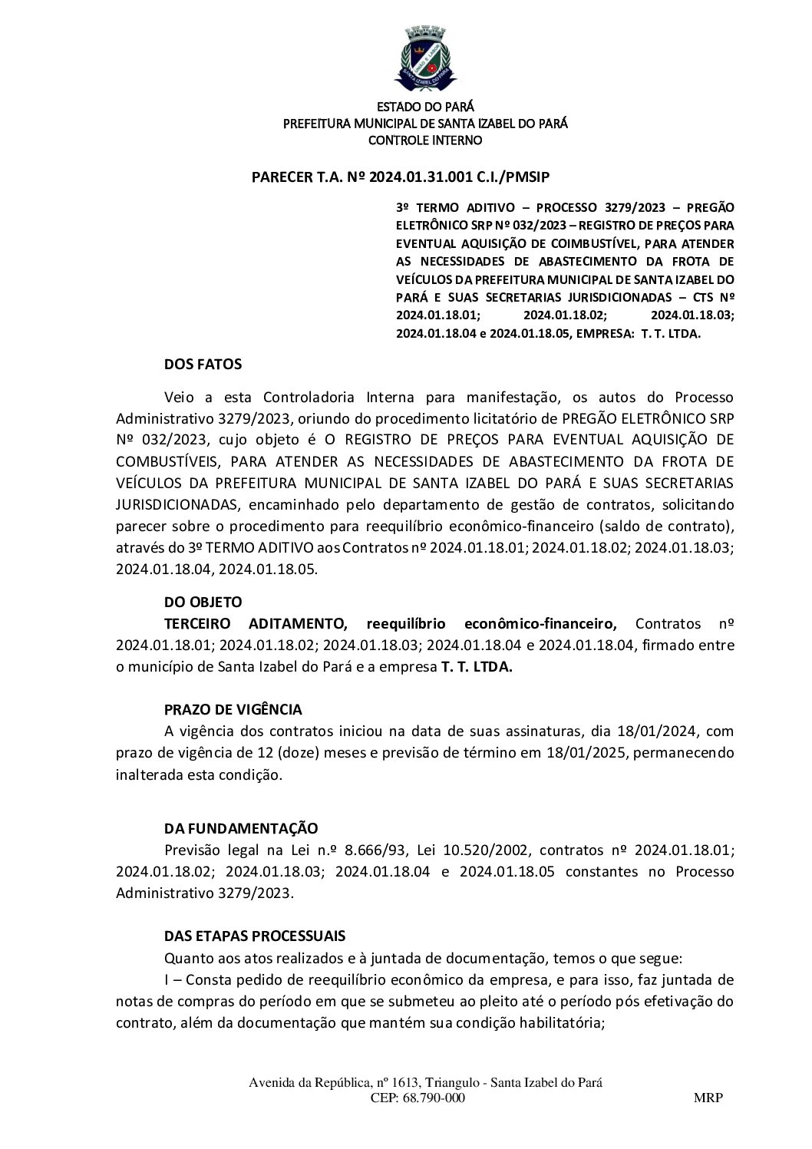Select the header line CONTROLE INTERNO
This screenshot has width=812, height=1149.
click(x=425, y=140)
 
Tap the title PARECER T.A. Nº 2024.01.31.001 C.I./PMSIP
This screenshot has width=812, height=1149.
click(x=401, y=177)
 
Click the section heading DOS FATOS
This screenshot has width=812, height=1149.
click(x=203, y=364)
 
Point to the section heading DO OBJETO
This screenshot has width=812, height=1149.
click(x=203, y=603)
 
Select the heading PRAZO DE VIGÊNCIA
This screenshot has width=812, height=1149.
click(x=233, y=709)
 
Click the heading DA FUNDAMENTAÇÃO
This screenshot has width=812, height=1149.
click(x=241, y=828)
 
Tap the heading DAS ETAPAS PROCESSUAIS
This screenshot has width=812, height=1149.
click(x=255, y=936)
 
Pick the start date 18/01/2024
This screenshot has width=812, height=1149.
click(x=663, y=731)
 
